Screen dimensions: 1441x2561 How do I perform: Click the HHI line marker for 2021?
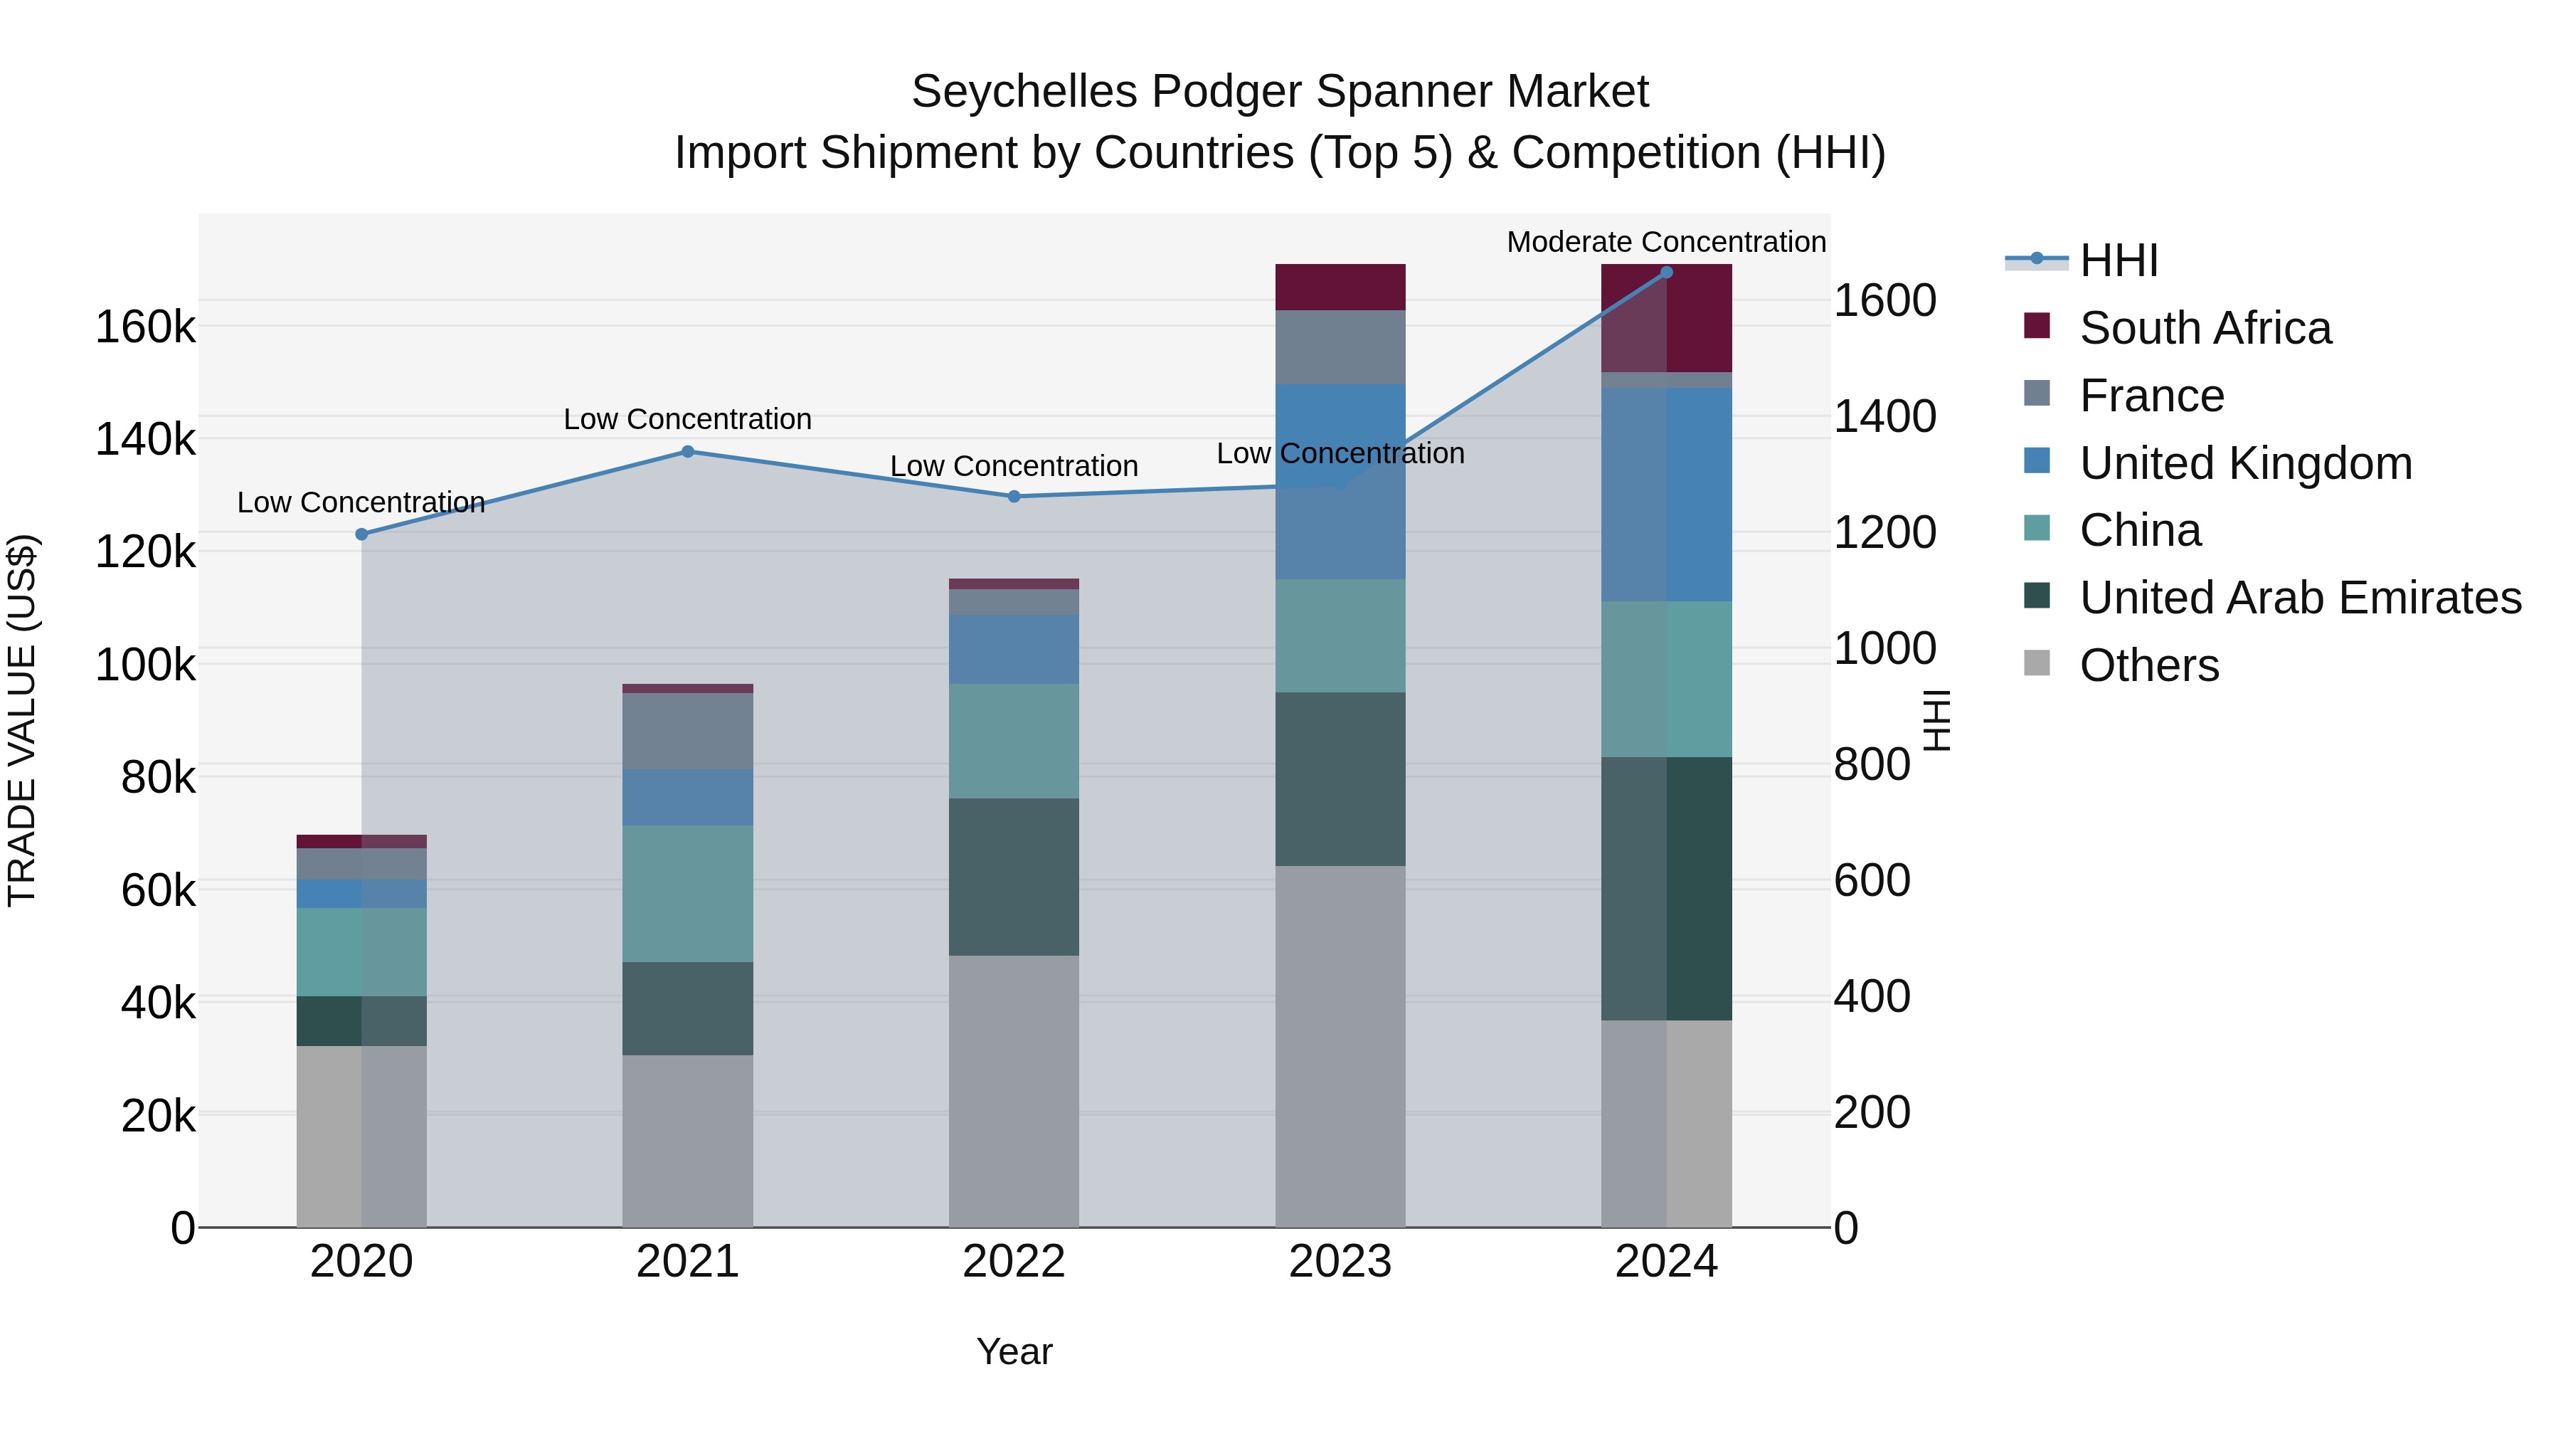(x=687, y=451)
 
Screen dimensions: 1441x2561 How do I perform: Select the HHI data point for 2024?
(x=1666, y=273)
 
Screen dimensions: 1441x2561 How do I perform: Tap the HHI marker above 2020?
(x=362, y=534)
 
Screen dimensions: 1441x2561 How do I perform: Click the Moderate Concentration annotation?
(x=1666, y=242)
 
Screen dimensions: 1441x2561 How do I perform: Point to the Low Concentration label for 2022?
(x=1013, y=465)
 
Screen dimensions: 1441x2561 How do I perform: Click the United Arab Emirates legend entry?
(x=2299, y=598)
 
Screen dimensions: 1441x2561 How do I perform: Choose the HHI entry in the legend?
(x=2118, y=260)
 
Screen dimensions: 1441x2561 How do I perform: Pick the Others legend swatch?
(x=2036, y=663)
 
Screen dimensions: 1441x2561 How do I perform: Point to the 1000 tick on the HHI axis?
(x=1884, y=648)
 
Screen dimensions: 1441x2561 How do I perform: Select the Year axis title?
(x=1013, y=1351)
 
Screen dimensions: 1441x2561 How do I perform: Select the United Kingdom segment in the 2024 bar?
(x=1666, y=495)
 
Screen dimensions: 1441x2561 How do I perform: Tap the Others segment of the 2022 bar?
(x=1013, y=1091)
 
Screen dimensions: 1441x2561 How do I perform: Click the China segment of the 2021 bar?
(x=687, y=893)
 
